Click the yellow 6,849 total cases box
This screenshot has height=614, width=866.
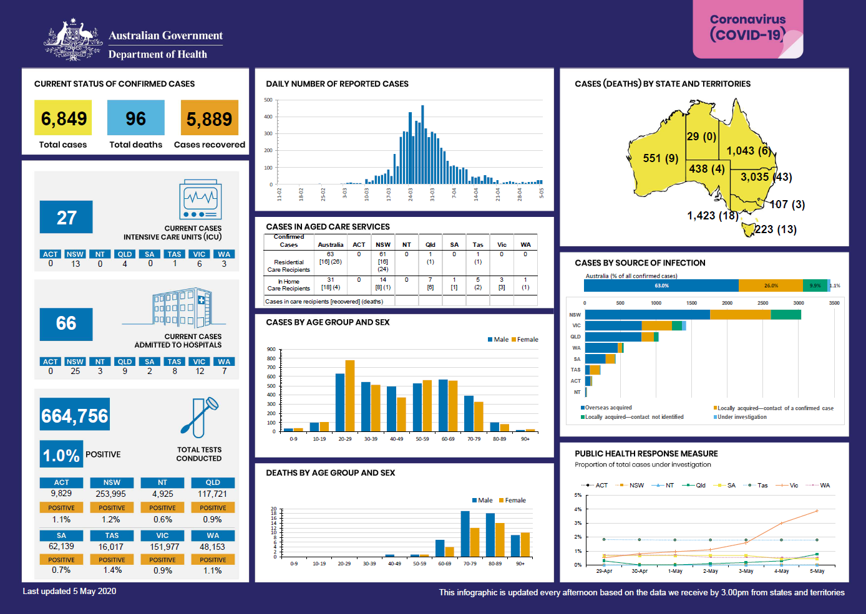(x=63, y=118)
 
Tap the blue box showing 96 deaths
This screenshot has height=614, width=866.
(x=135, y=118)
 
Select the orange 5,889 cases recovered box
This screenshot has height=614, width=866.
(x=209, y=118)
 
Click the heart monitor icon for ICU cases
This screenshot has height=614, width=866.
(x=200, y=199)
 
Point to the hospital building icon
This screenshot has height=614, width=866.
(x=182, y=307)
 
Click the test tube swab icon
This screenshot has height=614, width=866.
(x=199, y=418)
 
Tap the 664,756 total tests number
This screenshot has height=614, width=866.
(x=75, y=415)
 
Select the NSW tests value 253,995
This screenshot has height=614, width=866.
(x=111, y=494)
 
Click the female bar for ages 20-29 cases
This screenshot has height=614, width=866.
(x=350, y=395)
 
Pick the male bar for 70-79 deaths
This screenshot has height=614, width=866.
(x=465, y=534)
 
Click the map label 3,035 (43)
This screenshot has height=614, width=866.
(x=766, y=177)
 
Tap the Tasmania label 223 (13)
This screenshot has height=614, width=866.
(x=776, y=229)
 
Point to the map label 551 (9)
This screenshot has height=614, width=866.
(x=661, y=158)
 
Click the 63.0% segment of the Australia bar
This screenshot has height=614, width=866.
(x=661, y=285)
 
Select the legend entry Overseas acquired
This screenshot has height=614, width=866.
(x=608, y=408)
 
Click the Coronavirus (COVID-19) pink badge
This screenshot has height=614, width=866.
(x=747, y=29)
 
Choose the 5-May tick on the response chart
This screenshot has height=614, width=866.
(x=817, y=571)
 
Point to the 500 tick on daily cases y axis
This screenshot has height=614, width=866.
(x=268, y=100)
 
